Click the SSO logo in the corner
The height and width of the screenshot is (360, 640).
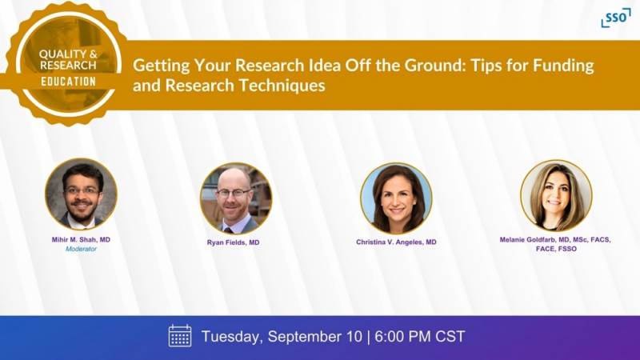[615, 17]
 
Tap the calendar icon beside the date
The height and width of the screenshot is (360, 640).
[180, 336]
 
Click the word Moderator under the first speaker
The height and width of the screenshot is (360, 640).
[81, 250]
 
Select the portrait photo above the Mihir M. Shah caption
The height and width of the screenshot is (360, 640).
[81, 194]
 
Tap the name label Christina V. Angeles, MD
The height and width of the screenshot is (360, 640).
[396, 242]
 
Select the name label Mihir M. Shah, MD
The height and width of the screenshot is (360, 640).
[81, 239]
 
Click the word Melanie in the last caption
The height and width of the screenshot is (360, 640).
[518, 239]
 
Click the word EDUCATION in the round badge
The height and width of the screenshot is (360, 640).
[69, 82]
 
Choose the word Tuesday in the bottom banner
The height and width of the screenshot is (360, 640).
[232, 336]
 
